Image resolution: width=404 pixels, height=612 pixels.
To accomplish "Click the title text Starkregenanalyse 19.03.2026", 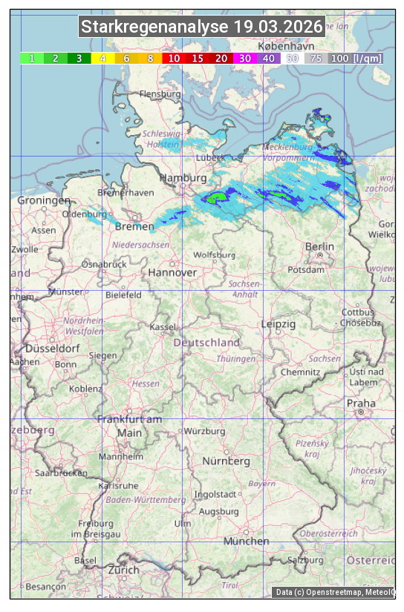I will pos(202,27).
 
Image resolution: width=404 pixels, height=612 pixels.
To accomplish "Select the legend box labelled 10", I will pos(174,58).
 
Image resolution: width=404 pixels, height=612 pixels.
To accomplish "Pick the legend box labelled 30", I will pos(244,58).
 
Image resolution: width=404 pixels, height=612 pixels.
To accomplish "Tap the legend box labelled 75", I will pos(316,58).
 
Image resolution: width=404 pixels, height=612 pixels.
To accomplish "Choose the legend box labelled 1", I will pos(32,58).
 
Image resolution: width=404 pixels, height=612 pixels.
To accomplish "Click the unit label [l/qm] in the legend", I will pos(368,58).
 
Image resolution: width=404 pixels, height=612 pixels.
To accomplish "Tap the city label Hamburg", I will pos(183,179).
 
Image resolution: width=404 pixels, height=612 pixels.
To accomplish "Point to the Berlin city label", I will pos(320,247).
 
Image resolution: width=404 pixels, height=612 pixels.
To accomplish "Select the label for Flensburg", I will pos(160,95).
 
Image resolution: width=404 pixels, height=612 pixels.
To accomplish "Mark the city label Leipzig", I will pos(278,324).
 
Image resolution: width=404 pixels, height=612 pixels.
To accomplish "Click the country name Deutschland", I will pos(206,343).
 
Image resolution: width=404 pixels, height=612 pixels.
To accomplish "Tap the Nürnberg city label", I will pos(227,461).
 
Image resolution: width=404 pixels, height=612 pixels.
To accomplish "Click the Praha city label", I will pos(361,403).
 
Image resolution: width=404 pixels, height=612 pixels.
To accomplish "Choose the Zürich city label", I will pos(123,570).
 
